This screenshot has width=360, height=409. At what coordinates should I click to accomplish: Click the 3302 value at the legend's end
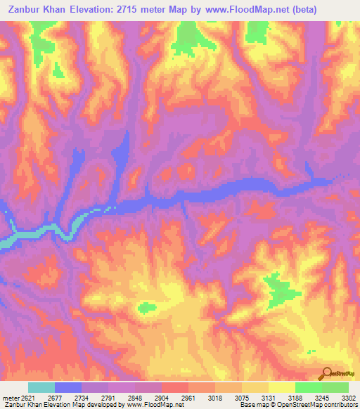tap(348, 397)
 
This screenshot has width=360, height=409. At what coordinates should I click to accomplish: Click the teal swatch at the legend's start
tap(41, 387)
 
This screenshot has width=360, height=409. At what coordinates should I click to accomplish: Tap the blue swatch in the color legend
tap(68, 387)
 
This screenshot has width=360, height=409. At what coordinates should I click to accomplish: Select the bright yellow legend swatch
tap(282, 387)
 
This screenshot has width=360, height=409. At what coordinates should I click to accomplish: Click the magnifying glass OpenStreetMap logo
tap(327, 373)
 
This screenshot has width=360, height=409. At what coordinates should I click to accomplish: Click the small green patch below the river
tap(147, 306)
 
